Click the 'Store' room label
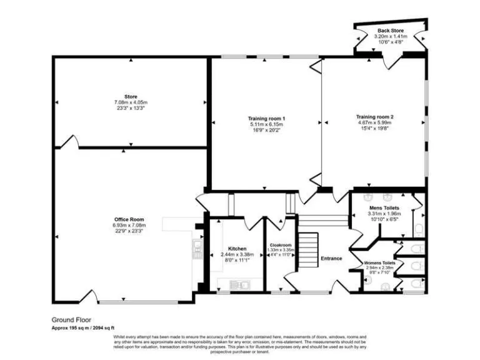[x=130, y=96]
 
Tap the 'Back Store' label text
[x=390, y=31]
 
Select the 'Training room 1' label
[x=267, y=119]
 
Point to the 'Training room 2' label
[x=374, y=117]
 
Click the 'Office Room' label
[x=128, y=219]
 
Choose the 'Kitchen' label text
[x=237, y=248]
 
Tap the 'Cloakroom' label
[x=280, y=245]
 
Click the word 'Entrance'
[x=331, y=258]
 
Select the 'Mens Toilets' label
[x=383, y=207]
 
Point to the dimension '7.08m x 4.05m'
[x=130, y=102]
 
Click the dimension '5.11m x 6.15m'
[x=267, y=125]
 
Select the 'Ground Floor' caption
[x=67, y=318]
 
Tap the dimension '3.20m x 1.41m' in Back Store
[x=390, y=37]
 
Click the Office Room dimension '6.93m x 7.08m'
[x=128, y=226]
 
